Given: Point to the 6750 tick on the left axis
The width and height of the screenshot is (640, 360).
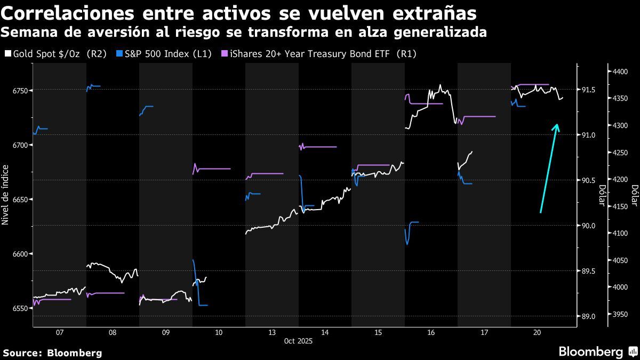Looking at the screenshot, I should click(19, 91).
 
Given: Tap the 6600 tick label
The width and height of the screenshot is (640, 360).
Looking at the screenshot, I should click(19, 254).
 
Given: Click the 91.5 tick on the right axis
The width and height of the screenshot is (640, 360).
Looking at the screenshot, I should click(588, 90).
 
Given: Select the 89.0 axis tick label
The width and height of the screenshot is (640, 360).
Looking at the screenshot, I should click(588, 317).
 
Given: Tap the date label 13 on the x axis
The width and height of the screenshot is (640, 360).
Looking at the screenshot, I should click(272, 332).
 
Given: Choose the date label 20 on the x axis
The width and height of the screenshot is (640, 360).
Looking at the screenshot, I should click(537, 332).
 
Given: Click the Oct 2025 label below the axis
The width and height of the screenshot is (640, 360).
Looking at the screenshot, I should click(298, 341).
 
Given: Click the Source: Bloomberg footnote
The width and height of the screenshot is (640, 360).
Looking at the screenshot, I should click(52, 353).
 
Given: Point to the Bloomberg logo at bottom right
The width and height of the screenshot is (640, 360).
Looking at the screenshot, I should click(597, 351).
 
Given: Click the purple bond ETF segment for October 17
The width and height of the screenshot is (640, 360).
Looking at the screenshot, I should click(477, 116).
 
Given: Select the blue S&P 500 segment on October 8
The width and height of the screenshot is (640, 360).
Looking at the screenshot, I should click(94, 86).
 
